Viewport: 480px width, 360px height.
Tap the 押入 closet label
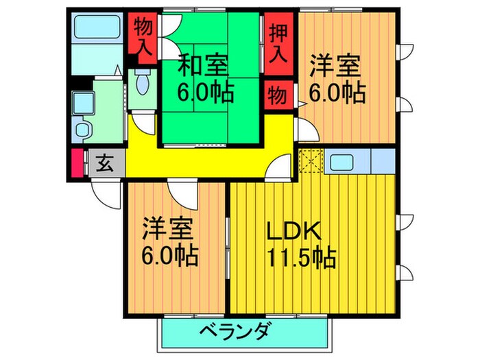tap(278, 43)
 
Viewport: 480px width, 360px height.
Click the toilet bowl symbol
tap(142, 84)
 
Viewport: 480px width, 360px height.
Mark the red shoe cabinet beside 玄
tap(77, 164)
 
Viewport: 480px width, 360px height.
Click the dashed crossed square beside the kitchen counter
tap(311, 162)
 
